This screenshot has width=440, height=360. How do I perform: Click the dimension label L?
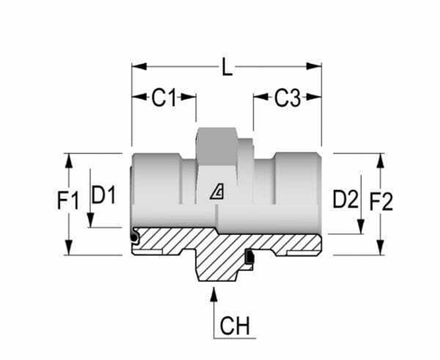pyautogui.click(x=228, y=67)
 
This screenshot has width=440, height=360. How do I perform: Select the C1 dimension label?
pyautogui.click(x=164, y=97)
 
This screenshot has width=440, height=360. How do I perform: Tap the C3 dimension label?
pyautogui.click(x=287, y=98)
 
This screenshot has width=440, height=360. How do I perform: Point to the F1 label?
pyautogui.click(x=68, y=201)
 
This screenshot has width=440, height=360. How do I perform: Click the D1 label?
pyautogui.click(x=103, y=194)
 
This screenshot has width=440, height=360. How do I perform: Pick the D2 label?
pyautogui.click(x=346, y=200)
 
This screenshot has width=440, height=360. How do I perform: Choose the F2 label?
pyautogui.click(x=381, y=202)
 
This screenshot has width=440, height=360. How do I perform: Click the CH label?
pyautogui.click(x=235, y=326)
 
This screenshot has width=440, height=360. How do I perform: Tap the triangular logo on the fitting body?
pyautogui.click(x=217, y=191)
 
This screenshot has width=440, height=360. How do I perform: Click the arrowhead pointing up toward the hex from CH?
pyautogui.click(x=213, y=294)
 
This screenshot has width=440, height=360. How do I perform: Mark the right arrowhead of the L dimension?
pyautogui.click(x=314, y=67)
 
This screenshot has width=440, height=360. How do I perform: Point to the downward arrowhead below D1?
pyautogui.click(x=91, y=220)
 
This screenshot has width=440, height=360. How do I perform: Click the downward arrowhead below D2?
pyautogui.click(x=361, y=227)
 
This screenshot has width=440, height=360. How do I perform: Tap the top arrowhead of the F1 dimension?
pyautogui.click(x=68, y=161)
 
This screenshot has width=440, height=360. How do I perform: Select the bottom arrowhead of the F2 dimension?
pyautogui.click(x=381, y=247)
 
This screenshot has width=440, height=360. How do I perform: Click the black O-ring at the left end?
pyautogui.click(x=134, y=238)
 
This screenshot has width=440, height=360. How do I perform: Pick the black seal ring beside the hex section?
pyautogui.click(x=249, y=257)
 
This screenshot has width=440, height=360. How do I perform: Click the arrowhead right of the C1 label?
pyautogui.click(x=188, y=97)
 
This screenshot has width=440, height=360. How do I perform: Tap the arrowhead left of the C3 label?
pyautogui.click(x=261, y=97)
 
